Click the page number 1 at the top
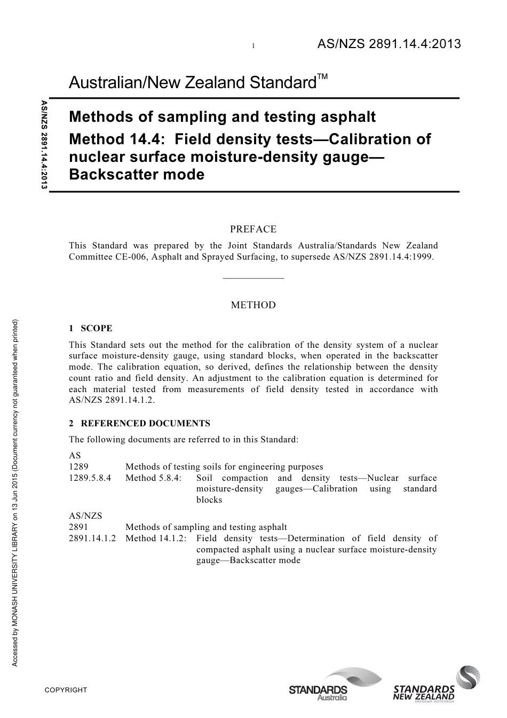[253, 46]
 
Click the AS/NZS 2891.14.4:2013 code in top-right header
[389, 44]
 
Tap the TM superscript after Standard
[322, 77]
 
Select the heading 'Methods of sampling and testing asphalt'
[223, 116]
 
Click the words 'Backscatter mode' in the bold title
[137, 175]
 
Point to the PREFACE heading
[253, 230]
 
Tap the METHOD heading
[253, 306]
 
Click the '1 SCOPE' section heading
[91, 329]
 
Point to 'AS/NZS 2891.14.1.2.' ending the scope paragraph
[112, 401]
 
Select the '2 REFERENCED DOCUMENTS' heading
[140, 424]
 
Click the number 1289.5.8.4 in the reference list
[90, 478]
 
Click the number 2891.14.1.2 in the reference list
[92, 538]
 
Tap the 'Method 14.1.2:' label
[156, 538]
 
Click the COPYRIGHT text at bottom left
[66, 690]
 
